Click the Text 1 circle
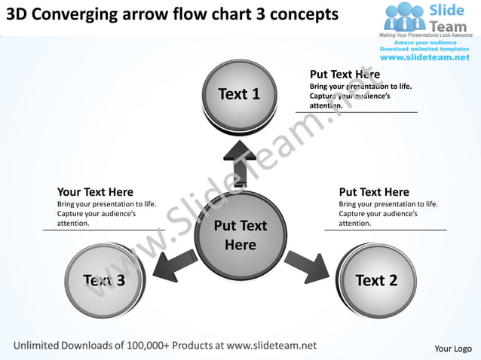point(240,94)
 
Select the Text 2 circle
point(375,280)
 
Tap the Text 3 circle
point(104,280)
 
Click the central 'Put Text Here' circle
point(240,234)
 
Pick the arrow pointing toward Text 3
point(173,265)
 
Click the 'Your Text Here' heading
point(95,192)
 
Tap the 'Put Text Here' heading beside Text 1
point(345,75)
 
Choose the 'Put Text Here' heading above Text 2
point(374,192)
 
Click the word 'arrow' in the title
point(149,15)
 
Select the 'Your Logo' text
point(453,348)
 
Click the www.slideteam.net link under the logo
point(426,57)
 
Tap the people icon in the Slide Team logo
point(405,17)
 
